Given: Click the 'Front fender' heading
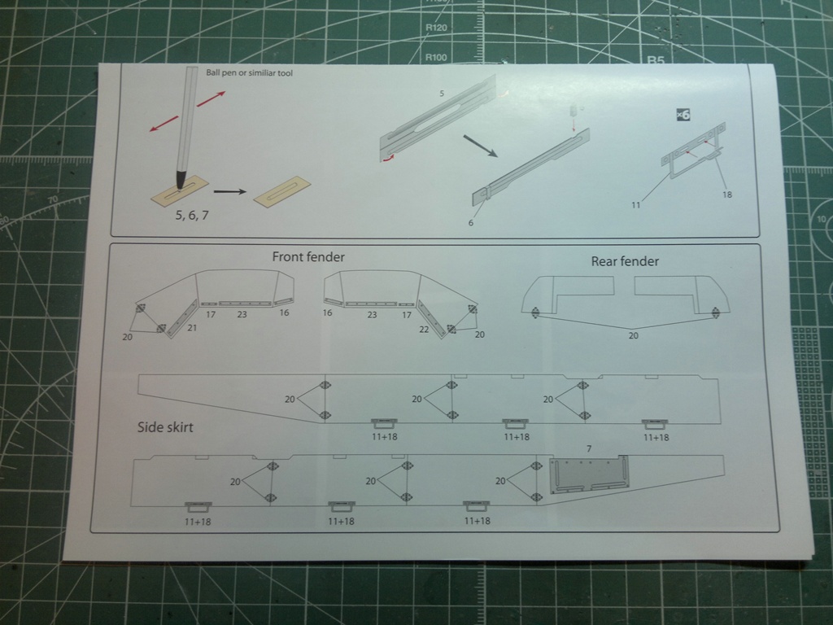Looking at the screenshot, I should [x=307, y=257].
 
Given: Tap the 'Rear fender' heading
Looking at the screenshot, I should [x=625, y=261].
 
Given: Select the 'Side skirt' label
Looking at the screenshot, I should [x=165, y=427].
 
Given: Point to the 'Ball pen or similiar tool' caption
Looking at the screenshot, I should [x=249, y=73].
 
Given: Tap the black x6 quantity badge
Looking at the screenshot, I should [x=683, y=115].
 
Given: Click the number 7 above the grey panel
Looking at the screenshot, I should [x=589, y=449].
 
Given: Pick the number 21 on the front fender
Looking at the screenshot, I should [x=192, y=327].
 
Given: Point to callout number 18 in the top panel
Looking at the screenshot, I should [x=726, y=194].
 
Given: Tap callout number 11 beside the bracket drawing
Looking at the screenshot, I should [x=635, y=205].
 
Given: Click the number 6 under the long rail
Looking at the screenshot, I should [x=470, y=222].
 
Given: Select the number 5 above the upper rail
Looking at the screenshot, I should [x=442, y=94].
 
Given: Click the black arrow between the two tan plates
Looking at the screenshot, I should [x=229, y=192].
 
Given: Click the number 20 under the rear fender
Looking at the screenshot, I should [x=634, y=334].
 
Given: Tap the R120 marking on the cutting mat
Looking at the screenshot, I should [x=437, y=28].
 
